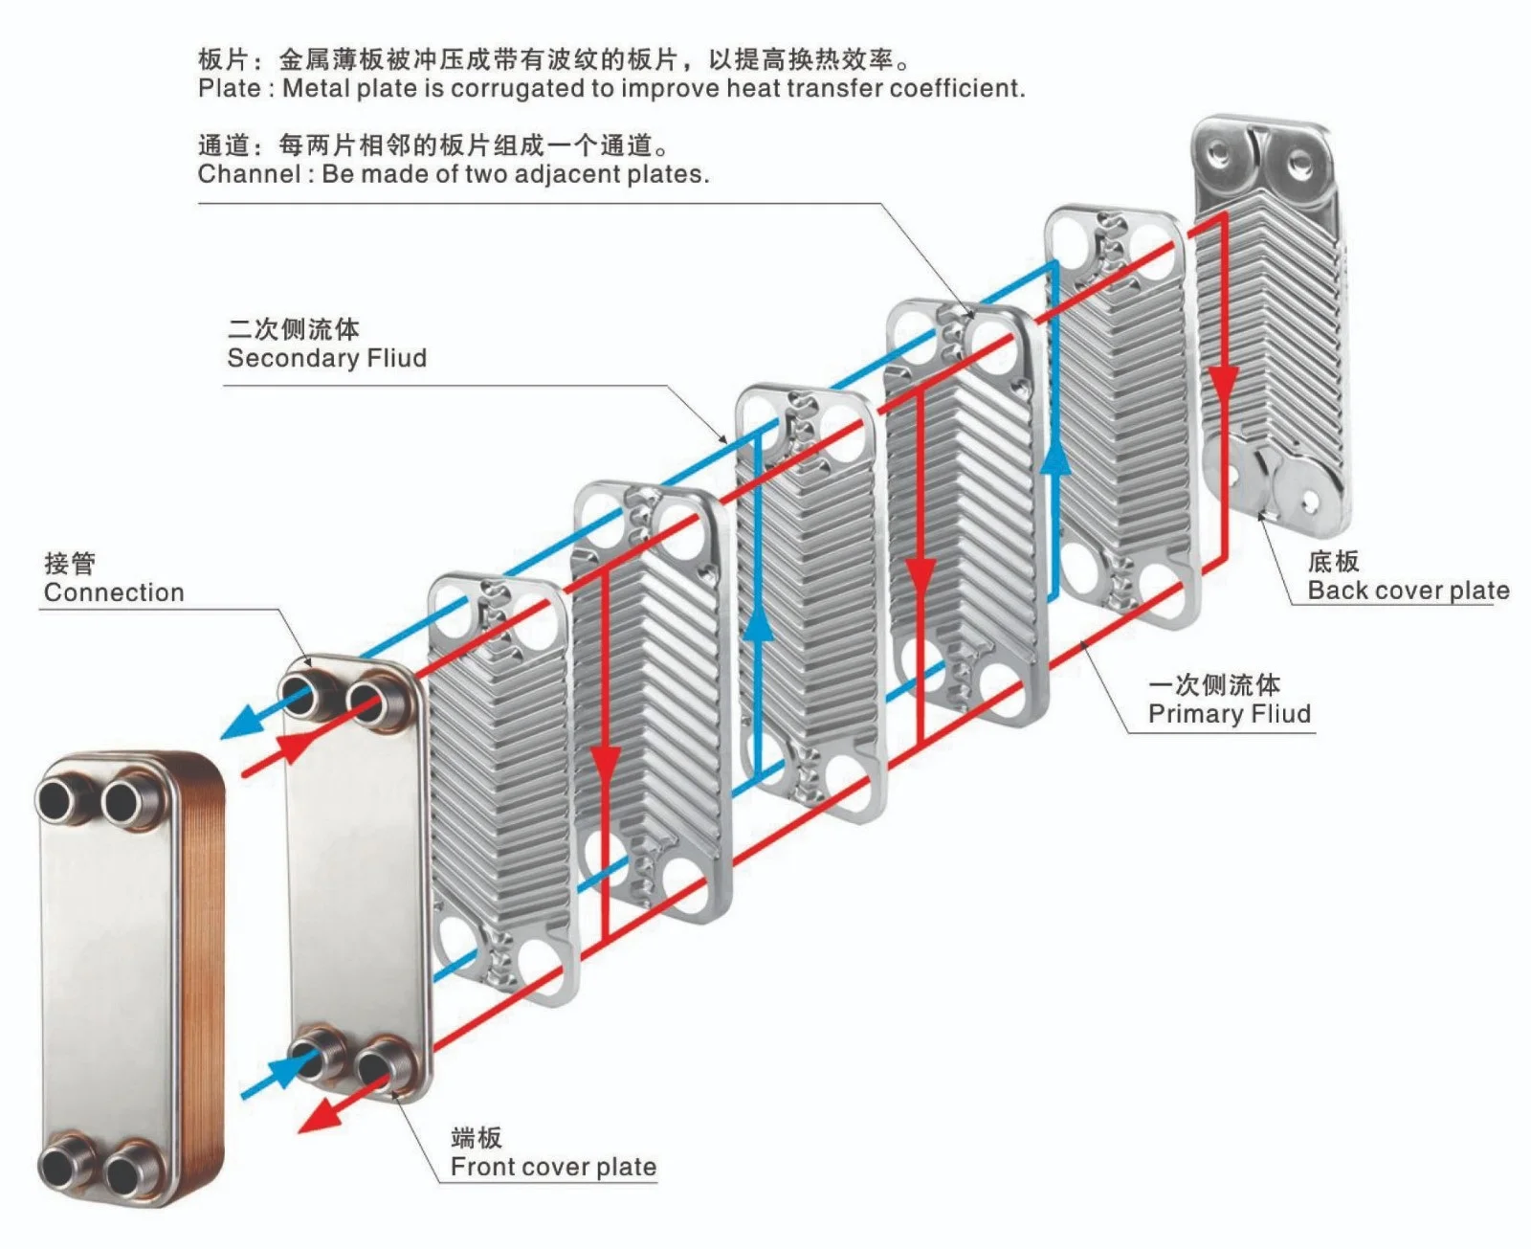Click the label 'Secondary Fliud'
326,358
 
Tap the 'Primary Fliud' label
1229,714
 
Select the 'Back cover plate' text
1408,591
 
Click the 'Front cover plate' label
553,1167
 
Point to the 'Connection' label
114,592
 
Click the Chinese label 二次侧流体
294,329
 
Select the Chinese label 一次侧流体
1213,685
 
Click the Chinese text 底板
1333,562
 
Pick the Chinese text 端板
476,1138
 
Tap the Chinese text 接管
69,564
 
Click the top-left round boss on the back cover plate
1219,154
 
